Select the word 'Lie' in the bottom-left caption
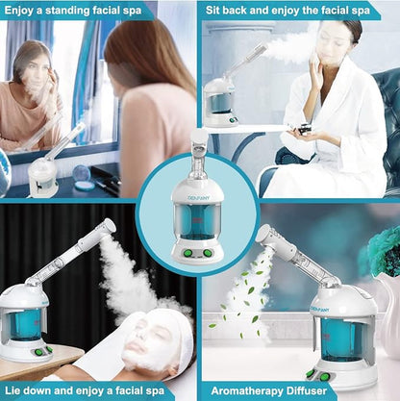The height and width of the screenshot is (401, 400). point(18,391)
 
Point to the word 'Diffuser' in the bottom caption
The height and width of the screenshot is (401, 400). point(313,391)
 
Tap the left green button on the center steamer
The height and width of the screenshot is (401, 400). point(192,253)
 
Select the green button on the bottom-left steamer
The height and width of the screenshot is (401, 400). point(38,351)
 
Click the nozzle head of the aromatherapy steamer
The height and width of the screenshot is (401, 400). point(264,237)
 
